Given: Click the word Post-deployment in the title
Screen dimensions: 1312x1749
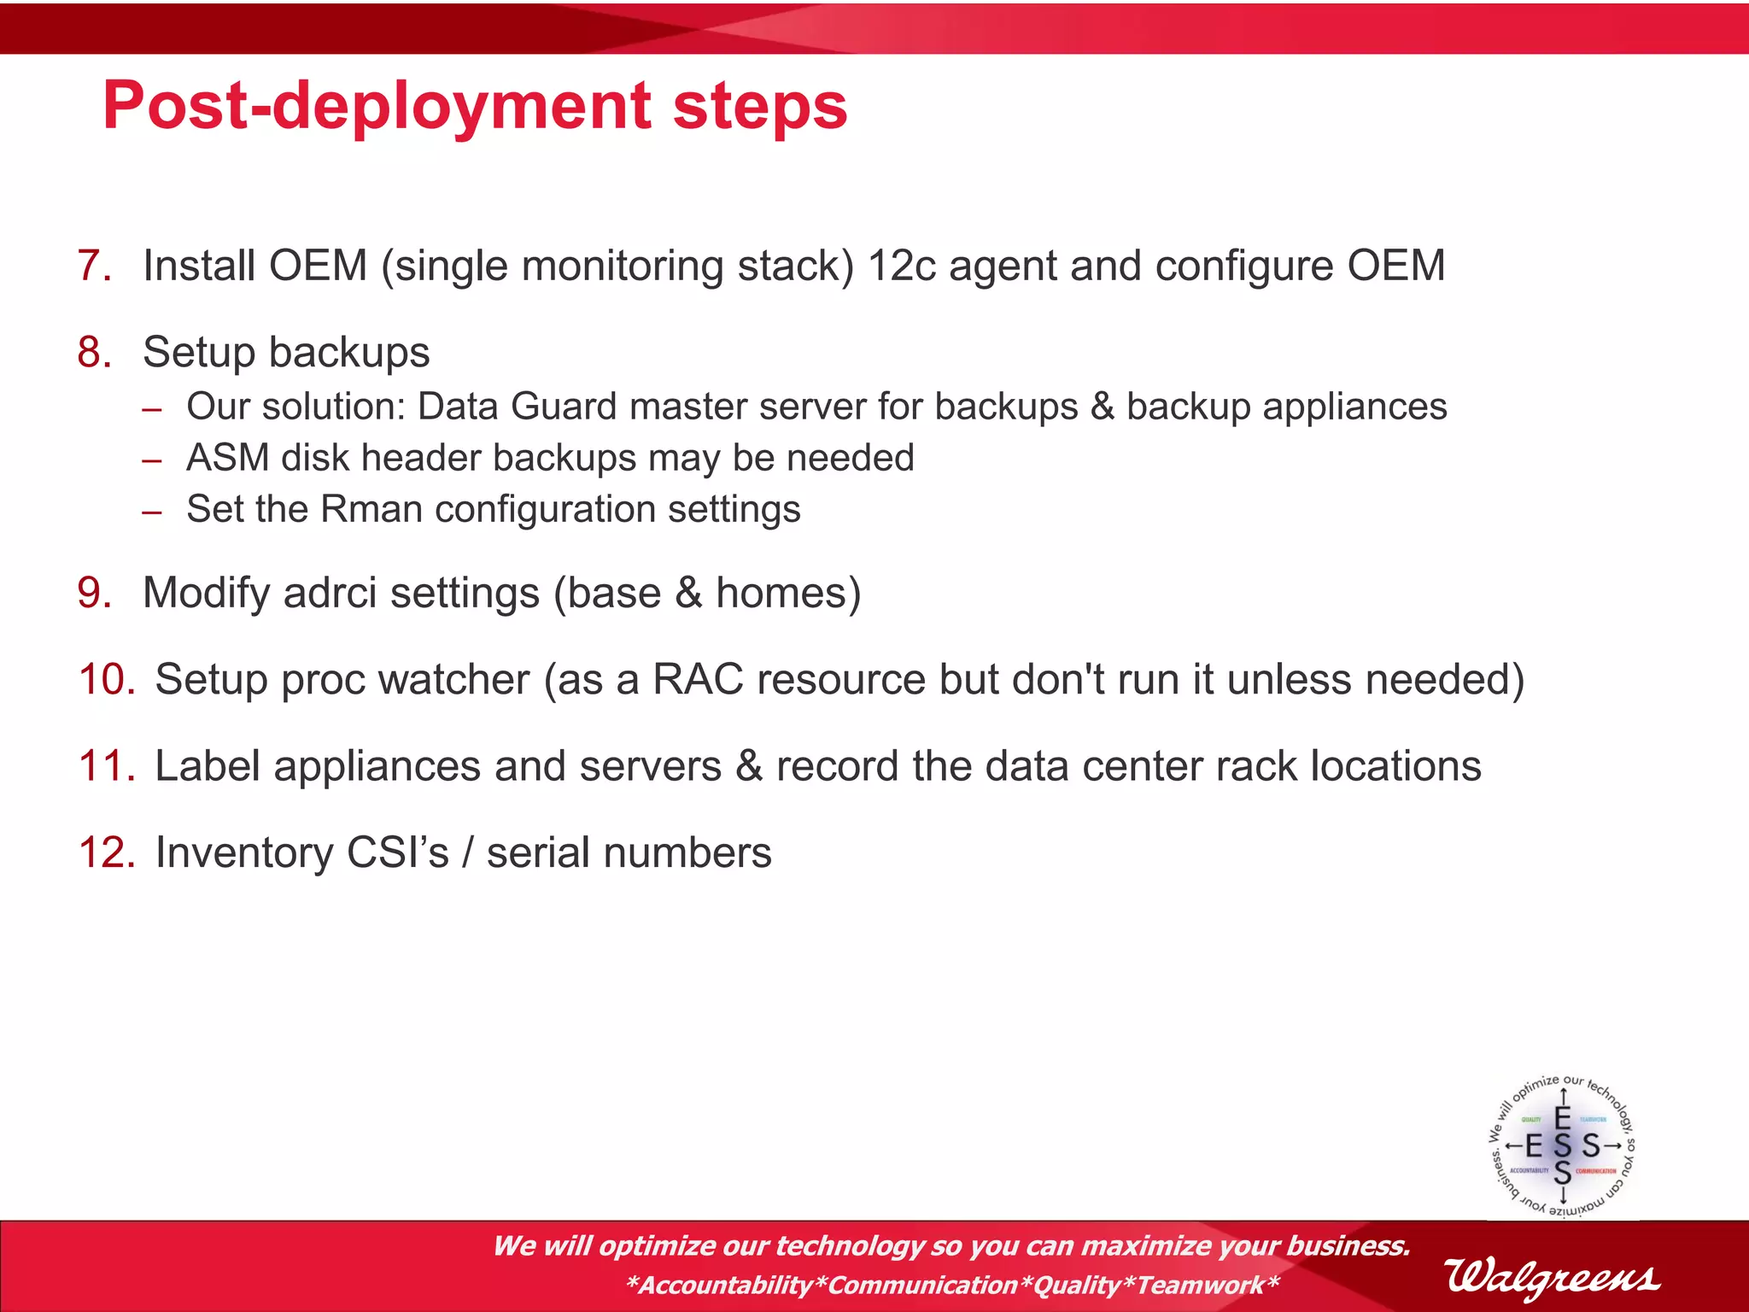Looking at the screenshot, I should [376, 107].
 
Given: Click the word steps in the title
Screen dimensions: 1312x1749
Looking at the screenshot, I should [759, 107].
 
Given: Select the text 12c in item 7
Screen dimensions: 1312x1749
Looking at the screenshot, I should [902, 266].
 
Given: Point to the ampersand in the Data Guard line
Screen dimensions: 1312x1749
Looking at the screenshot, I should [1102, 407].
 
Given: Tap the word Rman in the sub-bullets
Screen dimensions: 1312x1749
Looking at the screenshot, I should [371, 510].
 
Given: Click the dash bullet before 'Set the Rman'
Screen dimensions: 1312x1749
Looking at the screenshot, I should [152, 512].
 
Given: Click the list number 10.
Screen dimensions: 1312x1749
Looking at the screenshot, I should [106, 680].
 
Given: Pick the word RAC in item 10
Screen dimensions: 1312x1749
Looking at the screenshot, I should [698, 680].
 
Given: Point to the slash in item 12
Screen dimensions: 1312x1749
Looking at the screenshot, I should [467, 853].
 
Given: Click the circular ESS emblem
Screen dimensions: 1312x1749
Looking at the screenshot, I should [1562, 1145].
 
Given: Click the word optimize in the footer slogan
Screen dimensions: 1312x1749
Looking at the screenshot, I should [657, 1246].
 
